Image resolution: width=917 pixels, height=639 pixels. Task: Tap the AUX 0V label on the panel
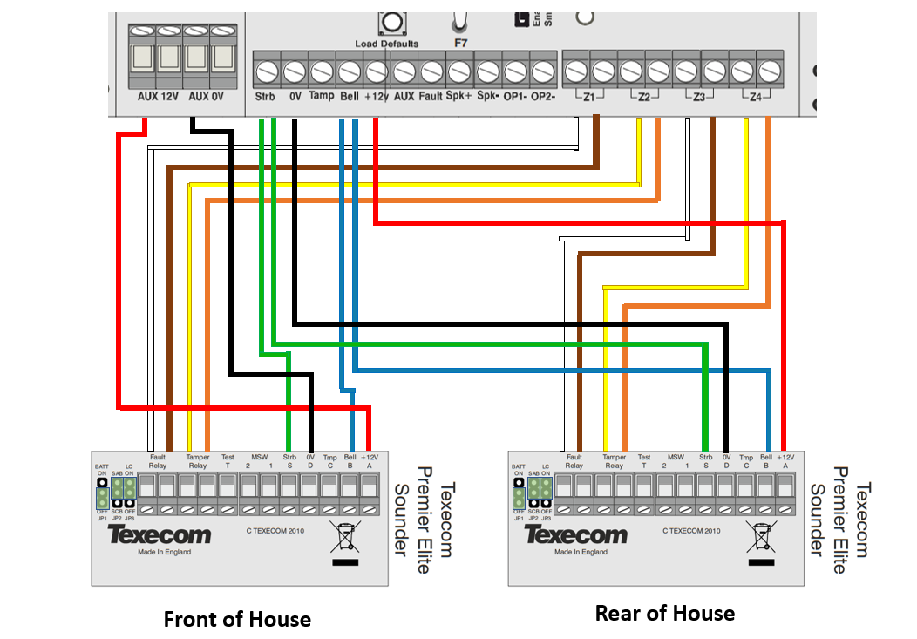click(x=206, y=97)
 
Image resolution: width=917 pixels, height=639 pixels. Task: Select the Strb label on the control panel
click(x=265, y=97)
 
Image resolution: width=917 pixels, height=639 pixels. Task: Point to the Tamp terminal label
click(x=323, y=97)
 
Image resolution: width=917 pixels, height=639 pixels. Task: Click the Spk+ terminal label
click(x=458, y=97)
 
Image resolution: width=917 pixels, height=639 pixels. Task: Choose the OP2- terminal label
click(x=543, y=97)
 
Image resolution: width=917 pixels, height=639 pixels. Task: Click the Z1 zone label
click(x=588, y=97)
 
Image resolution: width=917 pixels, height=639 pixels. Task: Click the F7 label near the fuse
click(x=460, y=42)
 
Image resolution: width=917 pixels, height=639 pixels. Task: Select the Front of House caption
click(x=237, y=620)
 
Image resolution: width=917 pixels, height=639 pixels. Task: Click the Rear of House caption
click(x=664, y=613)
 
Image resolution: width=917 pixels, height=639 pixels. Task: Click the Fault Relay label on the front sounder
click(x=158, y=460)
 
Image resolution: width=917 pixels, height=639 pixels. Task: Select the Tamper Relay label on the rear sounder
click(x=614, y=460)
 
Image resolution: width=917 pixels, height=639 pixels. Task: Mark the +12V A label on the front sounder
click(x=370, y=460)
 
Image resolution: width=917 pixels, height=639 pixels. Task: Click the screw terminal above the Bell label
click(x=350, y=68)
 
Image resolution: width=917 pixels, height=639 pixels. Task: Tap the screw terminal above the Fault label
click(x=431, y=68)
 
